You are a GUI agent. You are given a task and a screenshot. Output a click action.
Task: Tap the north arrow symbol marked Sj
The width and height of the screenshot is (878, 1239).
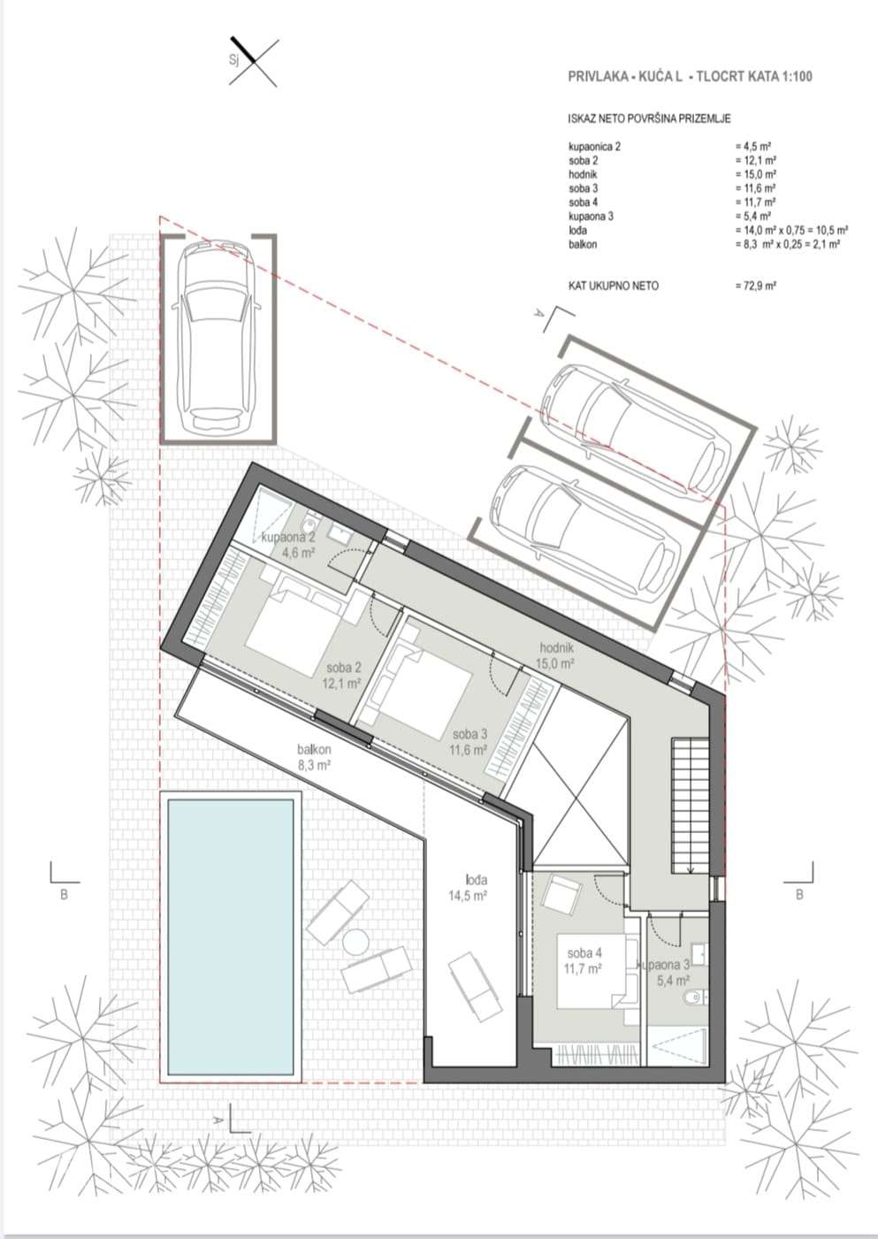(253, 61)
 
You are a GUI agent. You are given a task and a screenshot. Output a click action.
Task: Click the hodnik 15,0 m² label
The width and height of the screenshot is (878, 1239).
(557, 656)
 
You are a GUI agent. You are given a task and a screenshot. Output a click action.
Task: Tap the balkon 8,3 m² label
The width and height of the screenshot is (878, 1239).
(314, 757)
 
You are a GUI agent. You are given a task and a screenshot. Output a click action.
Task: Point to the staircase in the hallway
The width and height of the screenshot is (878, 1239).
(691, 807)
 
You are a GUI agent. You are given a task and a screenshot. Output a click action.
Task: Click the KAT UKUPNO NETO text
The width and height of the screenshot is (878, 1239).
(614, 286)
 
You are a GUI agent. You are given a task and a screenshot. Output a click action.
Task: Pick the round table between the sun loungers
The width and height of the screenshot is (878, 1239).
(355, 941)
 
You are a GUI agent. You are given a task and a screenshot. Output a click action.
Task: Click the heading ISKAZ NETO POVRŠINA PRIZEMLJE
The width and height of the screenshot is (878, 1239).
(649, 119)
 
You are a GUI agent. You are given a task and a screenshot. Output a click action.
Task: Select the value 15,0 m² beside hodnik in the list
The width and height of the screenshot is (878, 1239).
(756, 174)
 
